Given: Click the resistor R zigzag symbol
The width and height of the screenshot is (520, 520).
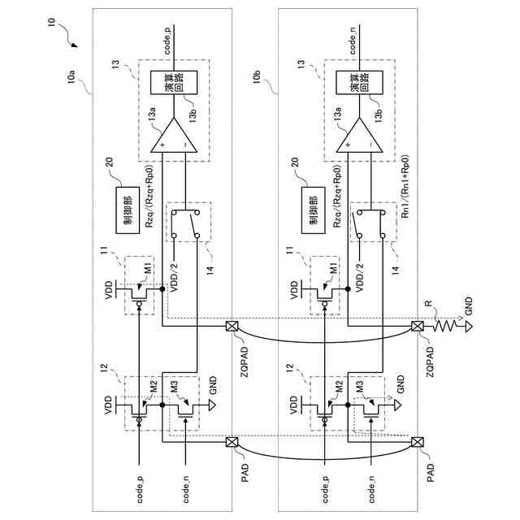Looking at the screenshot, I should tap(447, 327).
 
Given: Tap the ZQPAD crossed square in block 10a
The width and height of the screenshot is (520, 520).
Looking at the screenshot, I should tap(231, 327).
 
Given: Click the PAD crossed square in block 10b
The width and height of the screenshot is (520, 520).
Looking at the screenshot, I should tap(418, 443).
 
